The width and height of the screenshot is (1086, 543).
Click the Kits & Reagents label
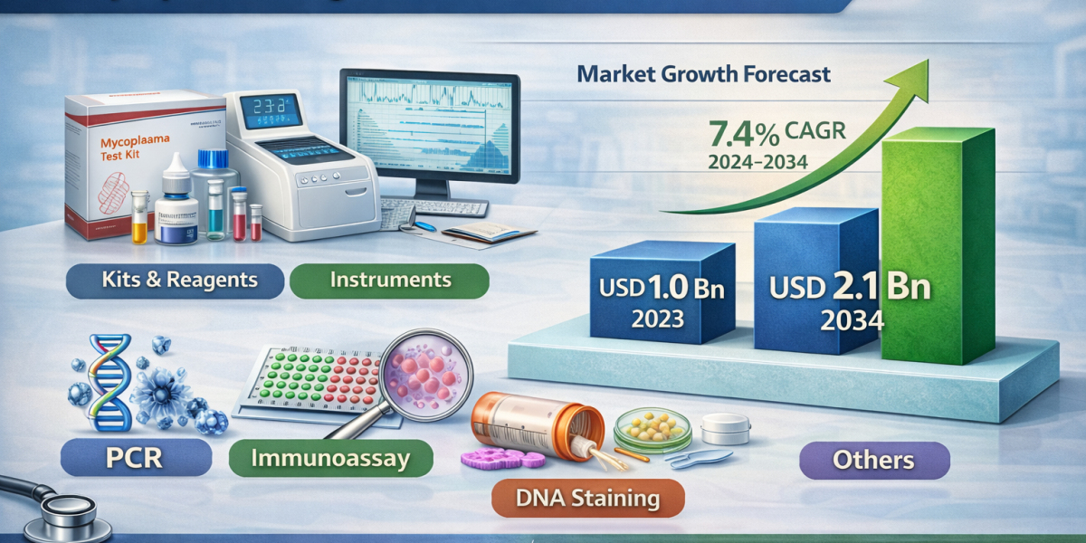point(175,280)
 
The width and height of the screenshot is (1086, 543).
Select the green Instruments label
point(389,280)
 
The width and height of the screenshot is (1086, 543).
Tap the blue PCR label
point(136,458)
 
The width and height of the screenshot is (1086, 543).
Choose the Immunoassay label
point(329,458)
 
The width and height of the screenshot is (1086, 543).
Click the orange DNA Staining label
point(587,497)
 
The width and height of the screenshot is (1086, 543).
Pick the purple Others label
point(874,460)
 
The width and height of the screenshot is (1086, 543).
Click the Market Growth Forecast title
point(703,74)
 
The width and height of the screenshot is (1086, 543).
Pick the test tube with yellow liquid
point(138,221)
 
